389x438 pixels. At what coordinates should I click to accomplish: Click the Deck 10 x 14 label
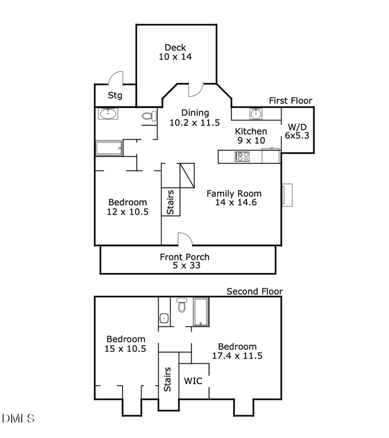click(175, 52)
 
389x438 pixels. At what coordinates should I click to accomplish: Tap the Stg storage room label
click(115, 95)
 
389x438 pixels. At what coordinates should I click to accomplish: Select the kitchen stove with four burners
click(242, 156)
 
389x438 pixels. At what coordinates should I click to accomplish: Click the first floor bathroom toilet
click(148, 116)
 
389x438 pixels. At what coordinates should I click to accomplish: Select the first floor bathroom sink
click(107, 114)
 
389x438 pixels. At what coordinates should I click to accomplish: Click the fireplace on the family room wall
click(286, 195)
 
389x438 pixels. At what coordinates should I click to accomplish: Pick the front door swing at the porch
click(185, 239)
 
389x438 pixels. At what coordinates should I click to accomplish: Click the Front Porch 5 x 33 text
click(185, 261)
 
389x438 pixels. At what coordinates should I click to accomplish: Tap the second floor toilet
click(182, 305)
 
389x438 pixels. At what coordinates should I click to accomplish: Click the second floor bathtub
click(201, 312)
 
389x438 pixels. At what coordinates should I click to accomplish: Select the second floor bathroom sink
click(164, 318)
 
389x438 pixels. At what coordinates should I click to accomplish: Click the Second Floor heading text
click(254, 291)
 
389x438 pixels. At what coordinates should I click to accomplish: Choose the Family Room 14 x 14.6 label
click(234, 198)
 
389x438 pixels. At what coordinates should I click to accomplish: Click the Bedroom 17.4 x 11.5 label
click(237, 351)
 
